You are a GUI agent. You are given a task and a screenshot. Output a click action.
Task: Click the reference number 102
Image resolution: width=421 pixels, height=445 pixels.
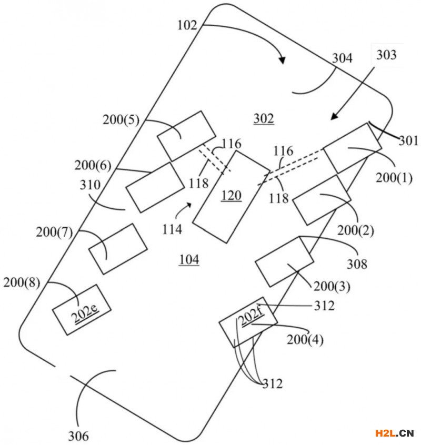click(x=187, y=25)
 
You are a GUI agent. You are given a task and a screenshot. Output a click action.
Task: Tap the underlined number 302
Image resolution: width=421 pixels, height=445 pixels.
click(x=264, y=119)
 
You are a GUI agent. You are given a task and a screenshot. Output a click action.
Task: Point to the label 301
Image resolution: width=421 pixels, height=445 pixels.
click(x=408, y=140)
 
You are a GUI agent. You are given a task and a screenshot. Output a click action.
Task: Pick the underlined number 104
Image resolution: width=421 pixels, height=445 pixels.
click(x=189, y=259)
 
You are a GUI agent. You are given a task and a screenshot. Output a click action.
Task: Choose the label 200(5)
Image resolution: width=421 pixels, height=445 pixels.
click(x=122, y=120)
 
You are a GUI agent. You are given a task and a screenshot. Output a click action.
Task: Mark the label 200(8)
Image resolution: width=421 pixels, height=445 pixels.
click(x=22, y=282)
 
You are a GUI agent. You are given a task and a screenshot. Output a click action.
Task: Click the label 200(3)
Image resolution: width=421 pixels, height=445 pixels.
click(x=332, y=287)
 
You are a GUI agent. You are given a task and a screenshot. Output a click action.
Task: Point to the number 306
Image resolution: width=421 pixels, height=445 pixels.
click(x=78, y=436)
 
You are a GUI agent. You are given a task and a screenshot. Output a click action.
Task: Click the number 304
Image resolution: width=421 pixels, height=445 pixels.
click(x=343, y=59)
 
